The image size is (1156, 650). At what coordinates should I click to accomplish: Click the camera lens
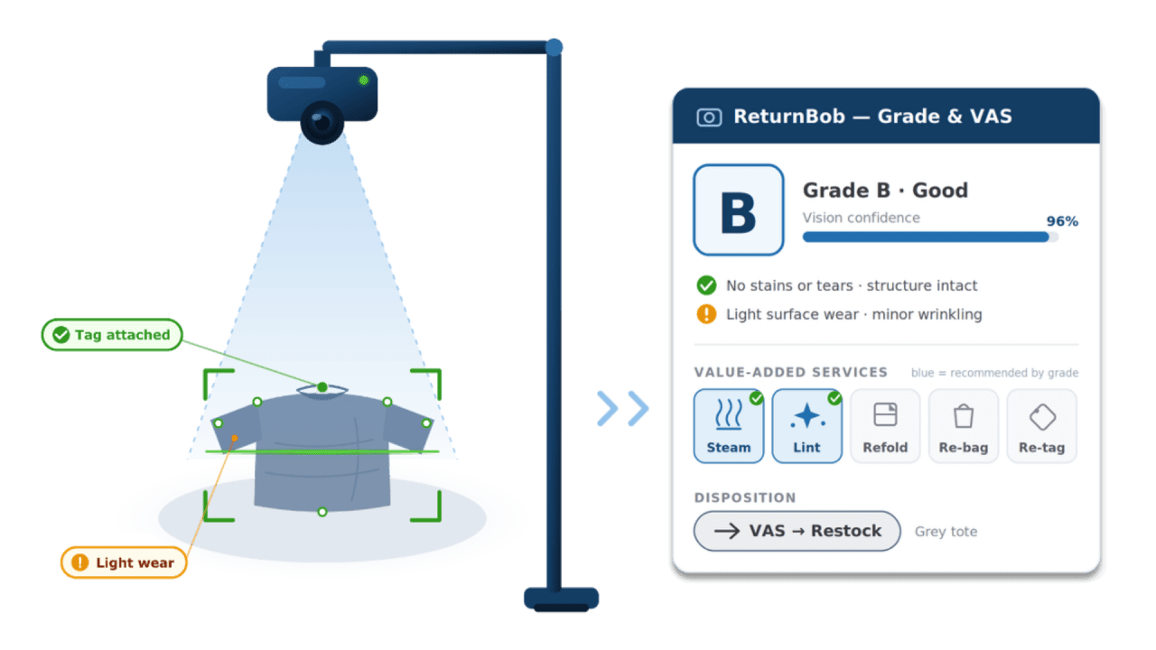(x=322, y=122)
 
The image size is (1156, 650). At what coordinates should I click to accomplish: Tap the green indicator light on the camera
(x=364, y=80)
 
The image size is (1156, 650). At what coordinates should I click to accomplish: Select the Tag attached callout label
(x=112, y=335)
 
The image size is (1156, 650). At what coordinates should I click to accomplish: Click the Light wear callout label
(x=124, y=562)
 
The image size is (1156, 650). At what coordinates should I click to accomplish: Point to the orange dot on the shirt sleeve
(x=234, y=438)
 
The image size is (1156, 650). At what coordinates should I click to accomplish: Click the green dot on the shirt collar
(x=322, y=387)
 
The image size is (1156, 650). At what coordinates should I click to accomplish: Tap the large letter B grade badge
(x=739, y=210)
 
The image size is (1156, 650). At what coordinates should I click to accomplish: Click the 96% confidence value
(x=1062, y=221)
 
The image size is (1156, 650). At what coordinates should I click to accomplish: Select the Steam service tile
(x=729, y=426)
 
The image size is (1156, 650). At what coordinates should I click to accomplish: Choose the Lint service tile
(x=807, y=426)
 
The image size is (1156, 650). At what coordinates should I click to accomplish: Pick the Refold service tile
(x=885, y=426)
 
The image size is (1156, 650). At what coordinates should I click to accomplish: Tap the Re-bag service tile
(x=964, y=426)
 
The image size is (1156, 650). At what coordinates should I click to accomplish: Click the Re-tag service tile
(x=1042, y=426)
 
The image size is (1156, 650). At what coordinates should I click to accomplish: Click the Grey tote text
(x=946, y=532)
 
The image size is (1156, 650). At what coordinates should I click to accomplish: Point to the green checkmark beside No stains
(x=706, y=285)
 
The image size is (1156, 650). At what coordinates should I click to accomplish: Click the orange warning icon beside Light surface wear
(x=706, y=314)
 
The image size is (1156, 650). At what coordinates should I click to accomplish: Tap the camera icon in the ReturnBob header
(x=709, y=117)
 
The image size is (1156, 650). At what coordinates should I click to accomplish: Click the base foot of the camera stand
(x=562, y=599)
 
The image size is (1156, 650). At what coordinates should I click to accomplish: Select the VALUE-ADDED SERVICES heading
(x=790, y=373)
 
